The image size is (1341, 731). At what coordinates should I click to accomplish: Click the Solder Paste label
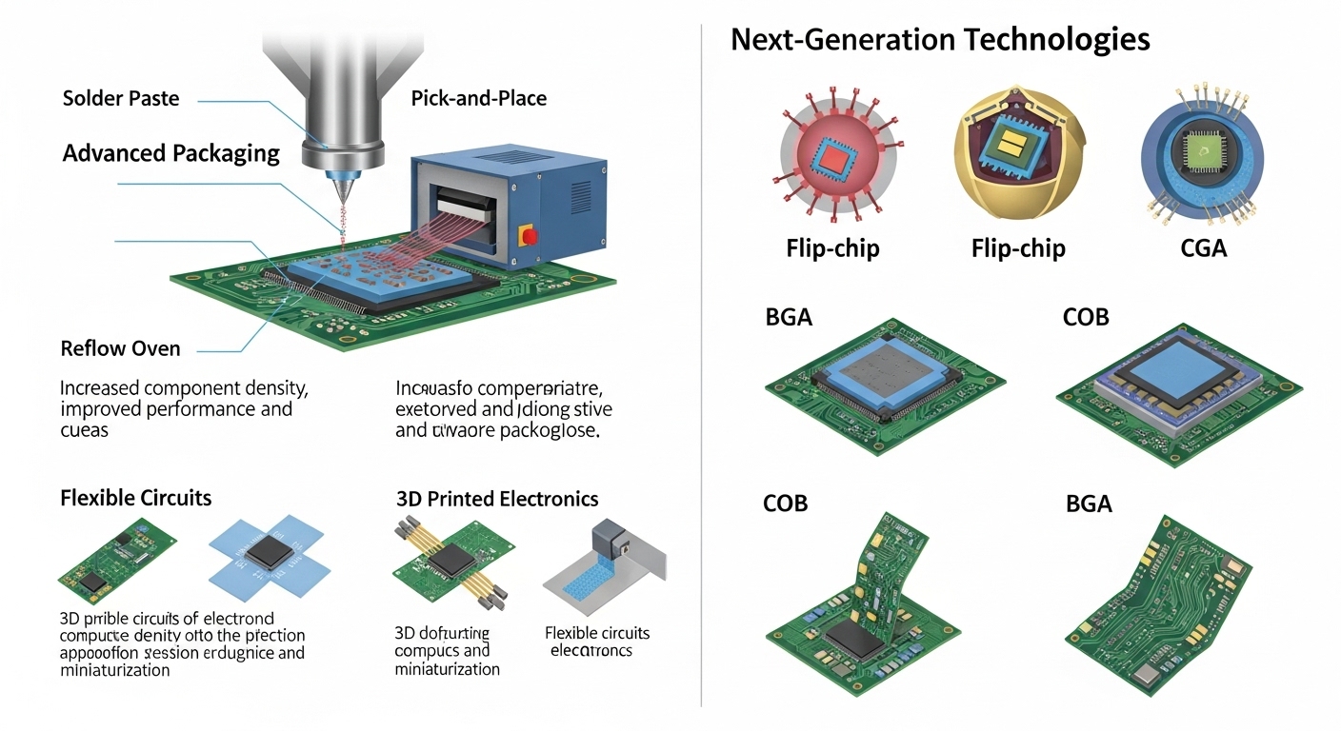coord(120,98)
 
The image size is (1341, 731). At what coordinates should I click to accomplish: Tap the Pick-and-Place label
coord(478,98)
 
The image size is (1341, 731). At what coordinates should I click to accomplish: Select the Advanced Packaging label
coord(171,153)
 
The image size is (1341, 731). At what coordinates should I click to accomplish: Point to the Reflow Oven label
coord(120,348)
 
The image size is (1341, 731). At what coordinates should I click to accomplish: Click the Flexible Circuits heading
coord(135,498)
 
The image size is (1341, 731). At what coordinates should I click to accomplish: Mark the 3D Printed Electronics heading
coord(497,499)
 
